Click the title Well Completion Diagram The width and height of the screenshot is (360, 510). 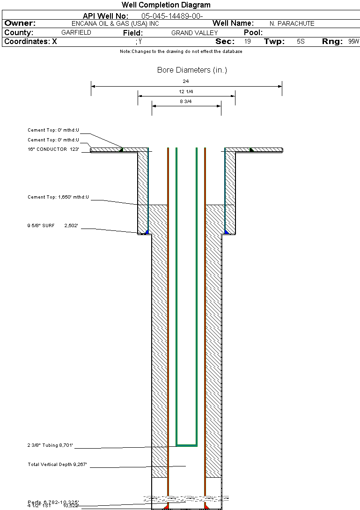click(x=166, y=5)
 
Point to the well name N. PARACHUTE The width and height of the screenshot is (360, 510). click(x=292, y=23)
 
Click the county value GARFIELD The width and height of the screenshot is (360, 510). click(x=76, y=33)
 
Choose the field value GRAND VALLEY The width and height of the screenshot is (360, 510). click(x=194, y=33)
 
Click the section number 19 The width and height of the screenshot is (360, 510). click(x=247, y=42)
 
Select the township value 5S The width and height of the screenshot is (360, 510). click(x=301, y=42)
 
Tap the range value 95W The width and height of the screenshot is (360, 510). click(x=353, y=42)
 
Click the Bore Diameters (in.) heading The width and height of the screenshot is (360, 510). click(x=192, y=70)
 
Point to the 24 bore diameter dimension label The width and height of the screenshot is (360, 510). click(x=186, y=81)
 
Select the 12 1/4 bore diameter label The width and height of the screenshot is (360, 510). click(x=186, y=91)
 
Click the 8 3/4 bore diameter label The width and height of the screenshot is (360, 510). click(x=186, y=101)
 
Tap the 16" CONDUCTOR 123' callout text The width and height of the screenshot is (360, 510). click(x=53, y=149)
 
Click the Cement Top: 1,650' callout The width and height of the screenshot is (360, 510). click(x=58, y=197)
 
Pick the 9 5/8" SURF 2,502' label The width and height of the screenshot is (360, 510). click(x=52, y=226)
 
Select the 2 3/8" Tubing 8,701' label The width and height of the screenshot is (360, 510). click(x=51, y=445)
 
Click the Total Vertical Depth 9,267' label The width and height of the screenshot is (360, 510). click(x=58, y=465)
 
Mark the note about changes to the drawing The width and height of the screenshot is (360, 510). click(x=181, y=52)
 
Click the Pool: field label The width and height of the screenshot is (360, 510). click(x=253, y=33)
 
